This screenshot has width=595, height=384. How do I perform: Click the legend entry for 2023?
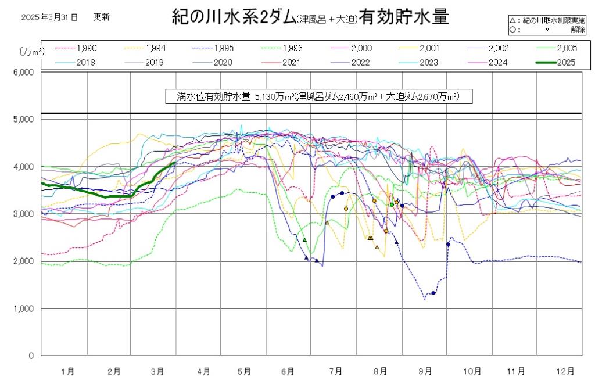click(x=428, y=62)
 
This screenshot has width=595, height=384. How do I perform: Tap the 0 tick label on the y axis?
click(x=30, y=356)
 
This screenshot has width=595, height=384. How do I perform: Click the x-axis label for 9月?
click(x=426, y=371)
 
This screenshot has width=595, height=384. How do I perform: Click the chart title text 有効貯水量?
click(x=404, y=17)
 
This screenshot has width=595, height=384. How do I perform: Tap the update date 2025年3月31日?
click(x=49, y=17)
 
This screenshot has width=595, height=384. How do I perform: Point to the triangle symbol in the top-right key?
click(x=511, y=21)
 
